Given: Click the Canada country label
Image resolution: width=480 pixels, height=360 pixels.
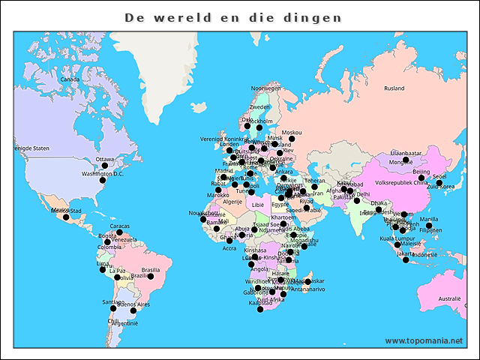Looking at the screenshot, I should click(x=70, y=79).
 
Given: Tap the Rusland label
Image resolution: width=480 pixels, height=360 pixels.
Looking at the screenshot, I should click(x=394, y=88).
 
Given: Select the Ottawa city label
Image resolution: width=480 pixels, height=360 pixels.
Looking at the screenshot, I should click(x=105, y=159).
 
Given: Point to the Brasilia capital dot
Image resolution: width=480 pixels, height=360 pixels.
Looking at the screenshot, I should click(x=151, y=277).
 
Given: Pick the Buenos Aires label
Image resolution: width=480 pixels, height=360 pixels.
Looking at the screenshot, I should click(x=133, y=305).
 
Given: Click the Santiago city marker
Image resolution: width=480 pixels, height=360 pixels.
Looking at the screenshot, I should click(x=113, y=308).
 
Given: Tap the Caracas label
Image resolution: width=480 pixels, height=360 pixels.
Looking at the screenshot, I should click(x=120, y=225).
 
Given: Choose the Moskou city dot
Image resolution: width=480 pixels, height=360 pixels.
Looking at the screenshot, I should click(x=292, y=139).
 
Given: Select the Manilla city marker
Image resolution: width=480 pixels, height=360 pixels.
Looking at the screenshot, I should click(x=429, y=226).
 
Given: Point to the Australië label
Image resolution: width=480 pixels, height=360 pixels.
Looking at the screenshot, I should click(x=449, y=298).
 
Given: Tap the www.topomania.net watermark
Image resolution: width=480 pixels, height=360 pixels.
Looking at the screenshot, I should click(x=424, y=340).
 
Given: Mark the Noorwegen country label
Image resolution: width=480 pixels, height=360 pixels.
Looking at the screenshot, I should click(x=265, y=88).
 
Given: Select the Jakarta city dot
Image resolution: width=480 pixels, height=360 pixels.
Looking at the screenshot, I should click(x=406, y=260).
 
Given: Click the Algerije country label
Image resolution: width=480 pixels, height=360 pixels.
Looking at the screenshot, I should click(x=232, y=201).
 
